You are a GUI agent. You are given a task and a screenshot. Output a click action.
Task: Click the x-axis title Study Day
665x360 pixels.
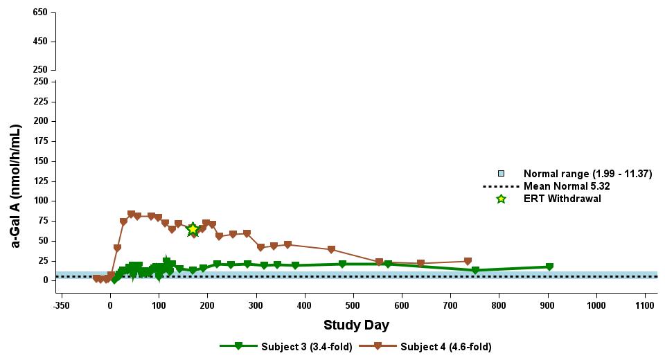tap(356, 325)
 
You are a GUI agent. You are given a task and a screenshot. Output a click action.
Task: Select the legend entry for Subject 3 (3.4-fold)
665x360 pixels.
tap(286, 347)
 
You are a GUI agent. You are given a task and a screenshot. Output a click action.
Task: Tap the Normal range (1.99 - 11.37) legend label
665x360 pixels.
tap(587, 174)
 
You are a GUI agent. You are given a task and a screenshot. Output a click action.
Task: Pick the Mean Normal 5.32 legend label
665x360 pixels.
tap(567, 186)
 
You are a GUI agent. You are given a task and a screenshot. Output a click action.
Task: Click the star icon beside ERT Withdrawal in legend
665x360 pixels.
tap(502, 199)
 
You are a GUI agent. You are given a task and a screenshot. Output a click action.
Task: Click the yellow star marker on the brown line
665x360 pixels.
tap(193, 230)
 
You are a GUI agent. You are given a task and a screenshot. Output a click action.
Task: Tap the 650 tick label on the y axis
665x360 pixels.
tap(39, 13)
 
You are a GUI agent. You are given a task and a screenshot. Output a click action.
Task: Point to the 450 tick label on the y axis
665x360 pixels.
tap(39, 42)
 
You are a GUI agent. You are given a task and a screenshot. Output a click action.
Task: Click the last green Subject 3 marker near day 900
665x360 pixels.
tap(549, 267)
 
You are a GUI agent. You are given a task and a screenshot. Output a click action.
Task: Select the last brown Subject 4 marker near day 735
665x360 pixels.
tap(468, 262)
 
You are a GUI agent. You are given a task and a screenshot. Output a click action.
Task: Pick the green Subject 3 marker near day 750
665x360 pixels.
tap(475, 271)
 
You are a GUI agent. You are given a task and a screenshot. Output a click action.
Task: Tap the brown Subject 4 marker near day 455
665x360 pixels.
tap(331, 250)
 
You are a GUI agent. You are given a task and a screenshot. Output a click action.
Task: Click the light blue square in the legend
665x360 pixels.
tap(502, 174)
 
